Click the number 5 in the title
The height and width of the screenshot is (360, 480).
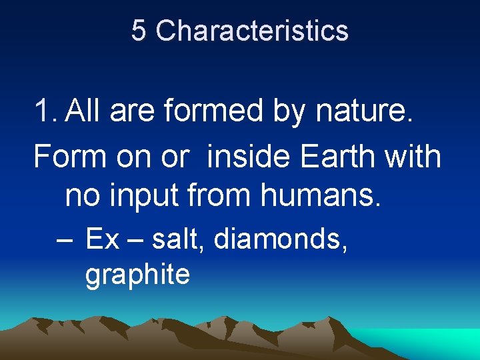pyautogui.click(x=138, y=31)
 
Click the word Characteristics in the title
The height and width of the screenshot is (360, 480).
pyautogui.click(x=252, y=31)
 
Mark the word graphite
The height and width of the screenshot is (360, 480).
pyautogui.click(x=137, y=275)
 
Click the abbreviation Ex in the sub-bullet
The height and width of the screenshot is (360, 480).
pyautogui.click(x=102, y=239)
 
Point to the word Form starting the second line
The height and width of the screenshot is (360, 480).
pyautogui.click(x=69, y=157)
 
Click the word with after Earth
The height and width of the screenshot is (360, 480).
pyautogui.click(x=415, y=157)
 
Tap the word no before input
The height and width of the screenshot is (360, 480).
pyautogui.click(x=84, y=196)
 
